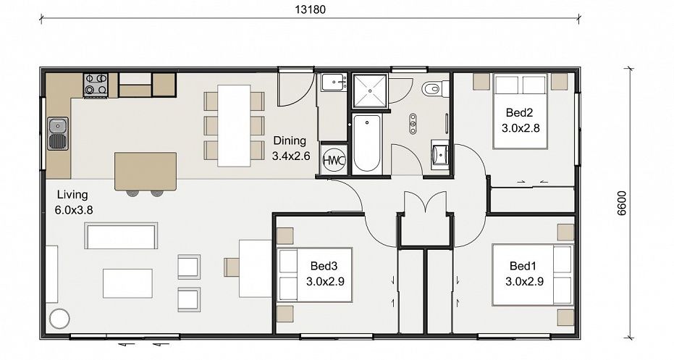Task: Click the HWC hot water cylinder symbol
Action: click(334, 161)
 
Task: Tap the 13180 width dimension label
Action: click(310, 9)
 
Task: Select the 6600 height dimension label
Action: click(622, 203)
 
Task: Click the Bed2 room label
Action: click(519, 113)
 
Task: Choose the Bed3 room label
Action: click(324, 266)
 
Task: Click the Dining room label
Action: click(290, 141)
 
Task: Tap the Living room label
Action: click(72, 195)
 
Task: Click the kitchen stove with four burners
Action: click(96, 84)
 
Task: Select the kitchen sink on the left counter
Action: click(58, 133)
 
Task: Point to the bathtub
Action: click(367, 143)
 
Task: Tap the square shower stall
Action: click(370, 91)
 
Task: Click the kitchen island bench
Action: click(146, 171)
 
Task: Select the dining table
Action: click(234, 125)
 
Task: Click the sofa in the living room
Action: click(121, 235)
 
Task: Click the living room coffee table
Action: click(127, 283)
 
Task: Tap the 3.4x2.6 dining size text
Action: click(291, 156)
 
